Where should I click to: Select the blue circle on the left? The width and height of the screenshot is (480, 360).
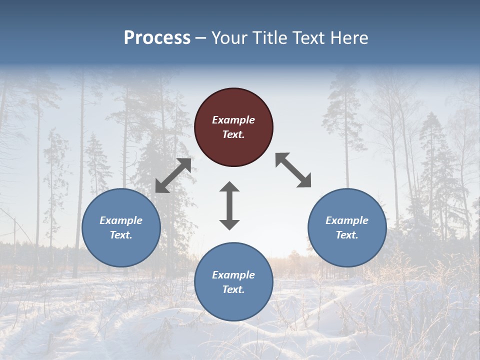pyautogui.click(x=121, y=227)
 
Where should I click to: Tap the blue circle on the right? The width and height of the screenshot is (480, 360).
pyautogui.click(x=347, y=227)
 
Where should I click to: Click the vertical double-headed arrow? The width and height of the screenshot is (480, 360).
pyautogui.click(x=229, y=205)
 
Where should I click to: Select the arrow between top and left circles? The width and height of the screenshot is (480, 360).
pyautogui.click(x=173, y=175)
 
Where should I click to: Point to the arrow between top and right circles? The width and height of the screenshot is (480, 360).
pyautogui.click(x=293, y=170)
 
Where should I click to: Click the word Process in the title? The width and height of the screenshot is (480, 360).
pyautogui.click(x=157, y=38)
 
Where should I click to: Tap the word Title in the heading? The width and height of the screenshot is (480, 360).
pyautogui.click(x=269, y=38)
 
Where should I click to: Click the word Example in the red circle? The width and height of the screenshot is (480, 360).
pyautogui.click(x=233, y=120)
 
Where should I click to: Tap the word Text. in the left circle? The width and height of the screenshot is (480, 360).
pyautogui.click(x=121, y=235)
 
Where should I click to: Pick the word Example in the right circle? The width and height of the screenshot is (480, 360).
pyautogui.click(x=347, y=220)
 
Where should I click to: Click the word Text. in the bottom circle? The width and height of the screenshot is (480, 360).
pyautogui.click(x=233, y=289)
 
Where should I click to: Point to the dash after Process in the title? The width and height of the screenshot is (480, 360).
pyautogui.click(x=200, y=38)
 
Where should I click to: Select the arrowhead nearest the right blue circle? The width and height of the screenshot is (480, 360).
pyautogui.click(x=304, y=181)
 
